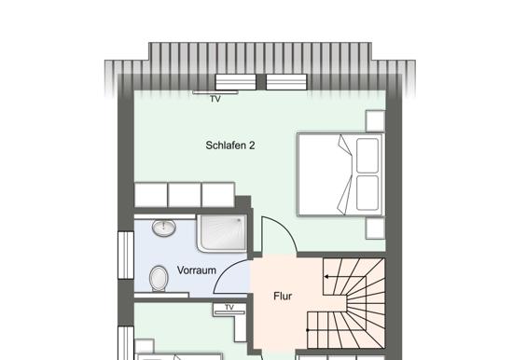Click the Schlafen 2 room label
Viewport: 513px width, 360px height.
coord(230,145)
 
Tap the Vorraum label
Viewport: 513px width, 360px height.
coord(196,270)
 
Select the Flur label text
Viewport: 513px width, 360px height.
coord(283,297)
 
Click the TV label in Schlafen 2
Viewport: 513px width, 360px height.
coord(215,99)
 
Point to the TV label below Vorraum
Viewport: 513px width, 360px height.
coord(229,308)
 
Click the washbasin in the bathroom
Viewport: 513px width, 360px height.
coord(164,228)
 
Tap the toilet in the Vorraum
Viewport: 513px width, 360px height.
coord(159,279)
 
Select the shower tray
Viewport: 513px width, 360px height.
coord(222,233)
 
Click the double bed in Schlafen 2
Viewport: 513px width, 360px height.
coord(340,174)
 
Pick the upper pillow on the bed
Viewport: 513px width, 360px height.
coord(367,156)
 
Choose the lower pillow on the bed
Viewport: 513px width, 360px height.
coord(367,193)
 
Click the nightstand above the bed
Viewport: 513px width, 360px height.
coord(375,120)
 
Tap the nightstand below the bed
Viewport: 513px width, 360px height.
coord(375,228)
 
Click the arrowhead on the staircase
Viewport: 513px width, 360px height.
coord(326,277)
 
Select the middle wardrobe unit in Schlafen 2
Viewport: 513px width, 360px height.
coord(184,195)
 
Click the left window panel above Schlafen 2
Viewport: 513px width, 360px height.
coord(236,82)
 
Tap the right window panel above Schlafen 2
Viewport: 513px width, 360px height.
coord(286,82)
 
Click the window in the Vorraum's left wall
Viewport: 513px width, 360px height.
coord(126,256)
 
